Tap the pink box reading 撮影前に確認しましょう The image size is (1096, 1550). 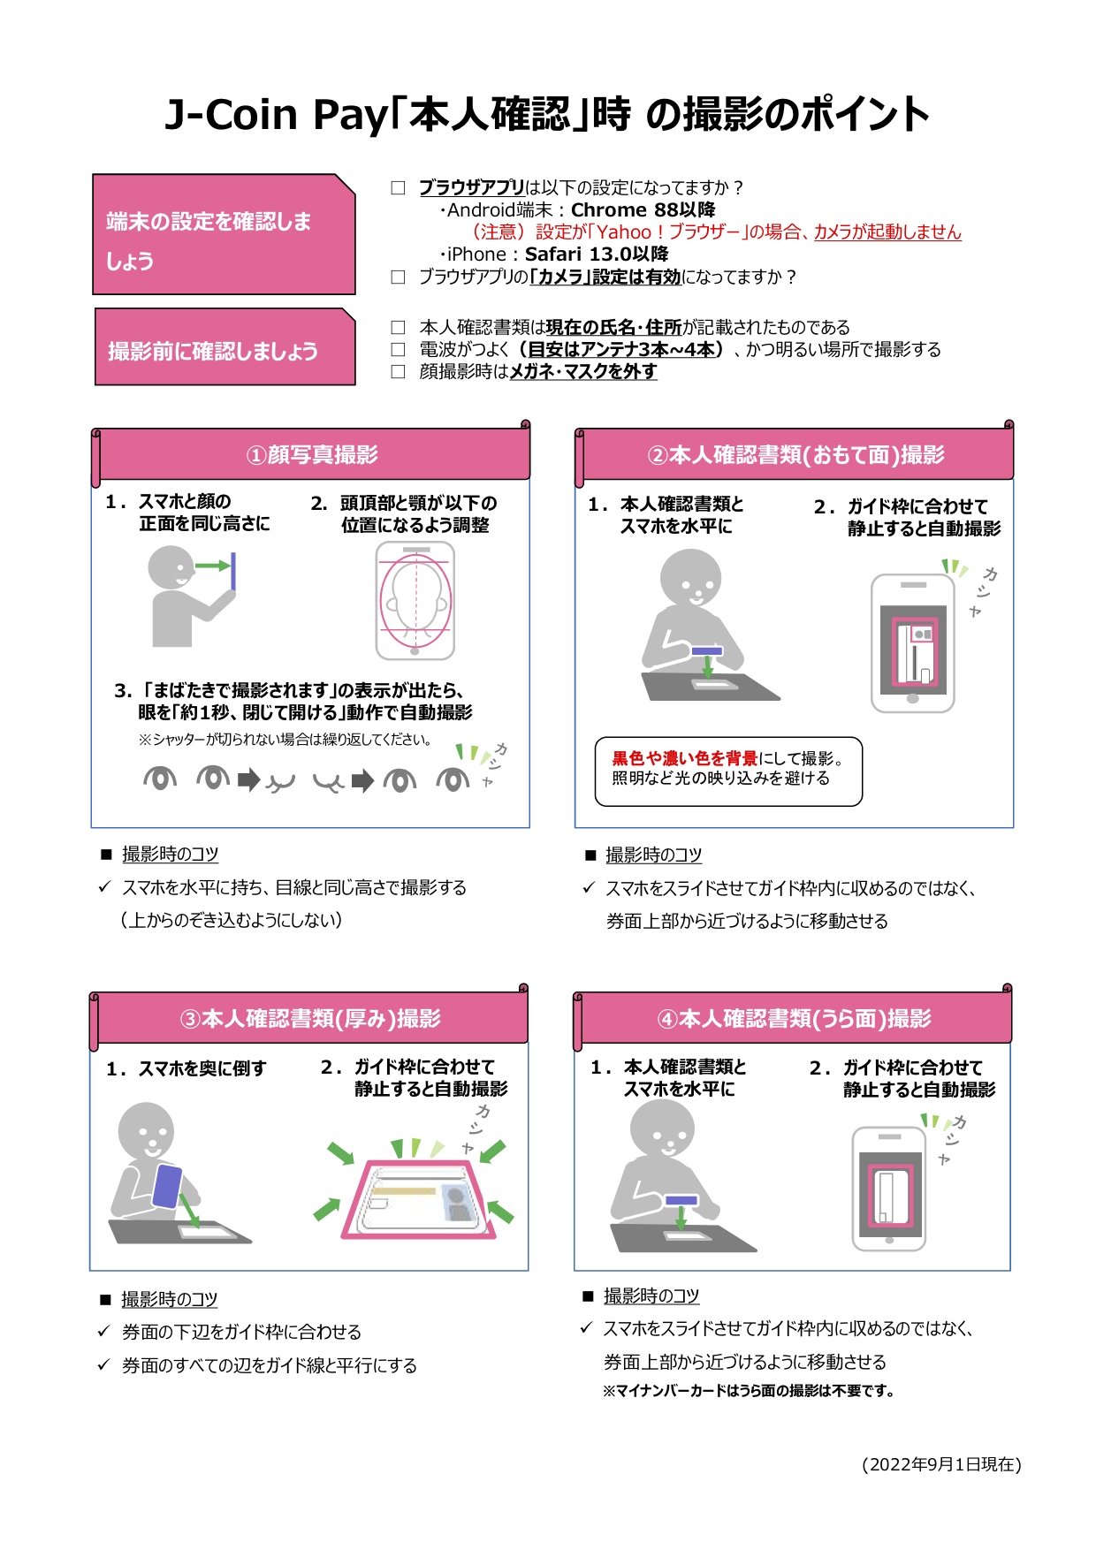pyautogui.click(x=225, y=348)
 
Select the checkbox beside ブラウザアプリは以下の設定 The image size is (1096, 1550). pyautogui.click(x=399, y=187)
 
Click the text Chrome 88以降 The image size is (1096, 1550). pyautogui.click(x=643, y=210)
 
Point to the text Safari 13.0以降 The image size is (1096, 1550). pyautogui.click(x=597, y=255)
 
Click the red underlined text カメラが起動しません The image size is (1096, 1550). pyautogui.click(x=887, y=232)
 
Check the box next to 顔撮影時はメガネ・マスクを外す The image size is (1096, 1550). pyautogui.click(x=399, y=372)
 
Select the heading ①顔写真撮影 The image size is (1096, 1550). pyautogui.click(x=312, y=455)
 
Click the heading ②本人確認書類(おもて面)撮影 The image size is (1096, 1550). pyautogui.click(x=795, y=455)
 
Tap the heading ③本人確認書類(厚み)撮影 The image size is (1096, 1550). pyautogui.click(x=310, y=1019)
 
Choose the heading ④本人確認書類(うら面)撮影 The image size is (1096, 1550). pyautogui.click(x=794, y=1019)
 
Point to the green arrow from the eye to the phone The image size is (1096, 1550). pyautogui.click(x=212, y=566)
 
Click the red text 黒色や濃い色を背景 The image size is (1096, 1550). pyautogui.click(x=684, y=758)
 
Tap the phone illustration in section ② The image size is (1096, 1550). pyautogui.click(x=913, y=643)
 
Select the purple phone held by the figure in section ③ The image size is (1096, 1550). pyautogui.click(x=167, y=1186)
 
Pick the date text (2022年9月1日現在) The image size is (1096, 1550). pyautogui.click(x=941, y=1464)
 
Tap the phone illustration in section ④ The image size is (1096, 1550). pyautogui.click(x=889, y=1189)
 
